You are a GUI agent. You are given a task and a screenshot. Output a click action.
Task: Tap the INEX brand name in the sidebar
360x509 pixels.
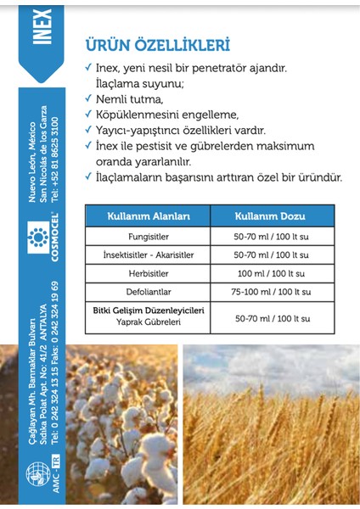click(45, 26)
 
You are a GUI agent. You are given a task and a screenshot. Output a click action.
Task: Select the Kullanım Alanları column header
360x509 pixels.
click(148, 215)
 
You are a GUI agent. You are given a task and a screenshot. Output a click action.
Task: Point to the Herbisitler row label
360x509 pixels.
click(148, 273)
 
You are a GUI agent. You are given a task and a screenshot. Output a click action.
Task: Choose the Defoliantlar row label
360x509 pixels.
click(148, 292)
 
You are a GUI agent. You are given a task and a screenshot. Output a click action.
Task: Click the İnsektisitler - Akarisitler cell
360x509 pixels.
click(148, 255)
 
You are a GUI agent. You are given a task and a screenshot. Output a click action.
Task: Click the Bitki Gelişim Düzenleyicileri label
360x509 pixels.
click(148, 311)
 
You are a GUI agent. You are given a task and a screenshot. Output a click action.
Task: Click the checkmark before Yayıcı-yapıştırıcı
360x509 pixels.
click(88, 131)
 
